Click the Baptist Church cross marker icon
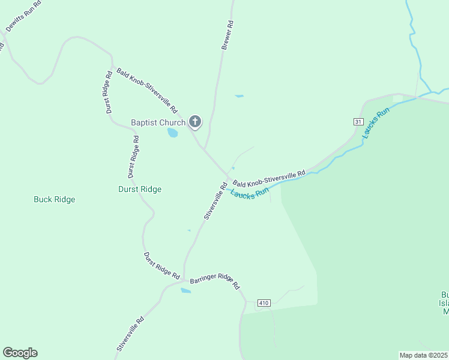coord(194,122)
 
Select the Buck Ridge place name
coord(54,199)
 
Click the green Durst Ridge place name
coord(139,189)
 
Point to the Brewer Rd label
coord(227,35)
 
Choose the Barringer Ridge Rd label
coord(214,283)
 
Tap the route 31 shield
coord(358,122)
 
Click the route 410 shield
coord(264,303)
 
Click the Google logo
coord(20,353)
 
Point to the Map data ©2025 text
coord(423,355)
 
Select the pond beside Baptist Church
coord(173,133)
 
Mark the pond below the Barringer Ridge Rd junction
coord(185,291)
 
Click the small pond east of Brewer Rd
coord(240,96)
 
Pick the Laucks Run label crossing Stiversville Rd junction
coord(249,194)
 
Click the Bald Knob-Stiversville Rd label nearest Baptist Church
coord(146,90)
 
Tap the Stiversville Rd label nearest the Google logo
coord(130,333)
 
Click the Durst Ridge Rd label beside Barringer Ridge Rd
coord(161,265)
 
